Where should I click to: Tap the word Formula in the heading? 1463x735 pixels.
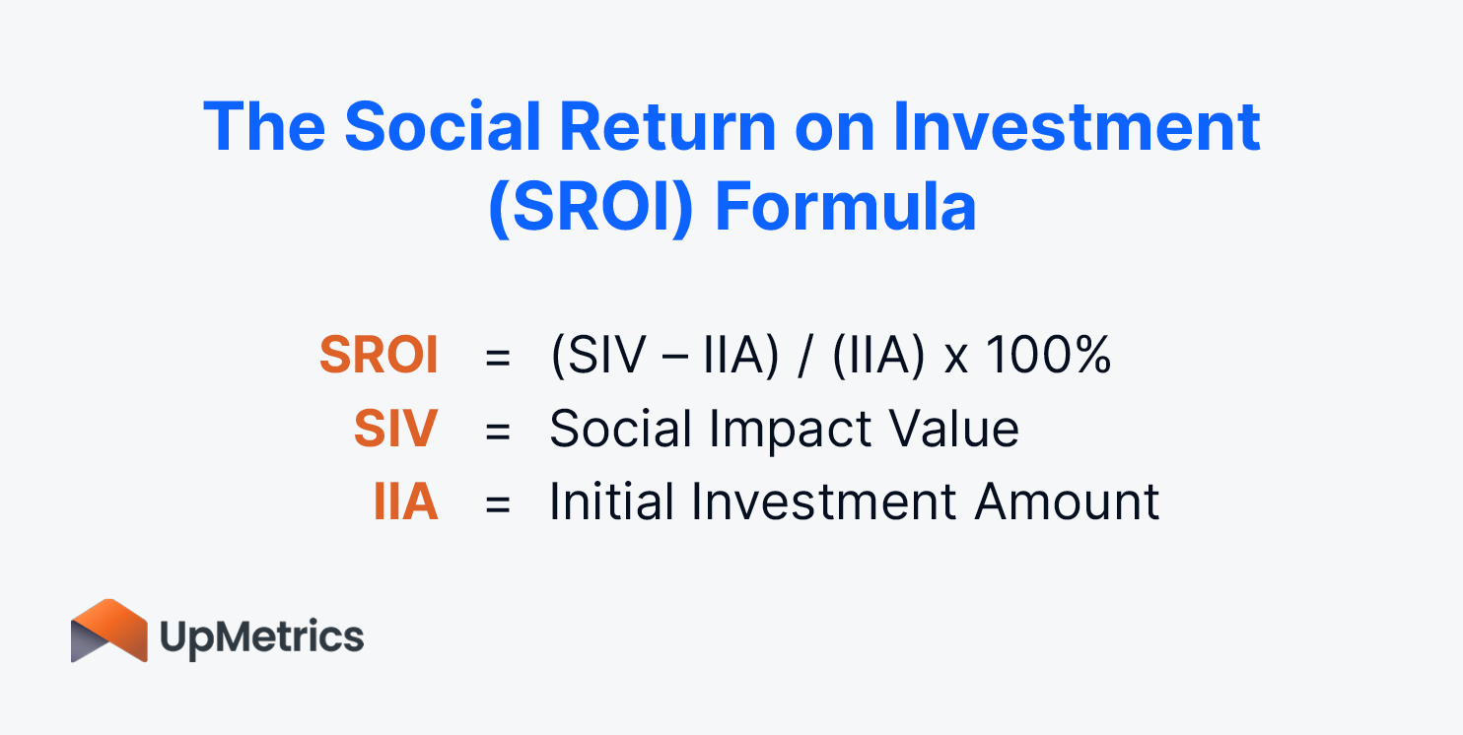(845, 207)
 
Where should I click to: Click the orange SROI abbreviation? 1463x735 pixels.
(379, 356)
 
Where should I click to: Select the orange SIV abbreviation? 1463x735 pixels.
(396, 430)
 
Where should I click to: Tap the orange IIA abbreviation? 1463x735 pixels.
(405, 502)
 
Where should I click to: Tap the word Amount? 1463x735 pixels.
(1067, 502)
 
